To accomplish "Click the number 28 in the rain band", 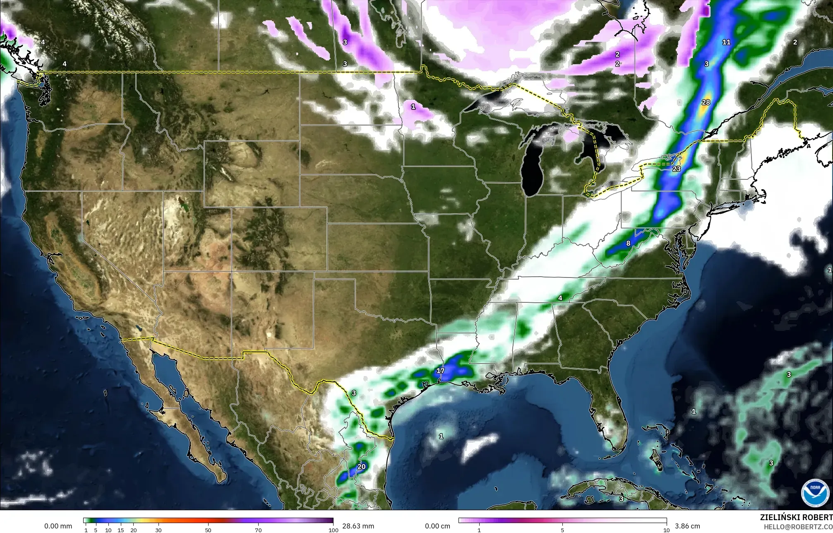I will click(706, 102).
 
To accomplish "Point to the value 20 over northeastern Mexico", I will click(361, 466).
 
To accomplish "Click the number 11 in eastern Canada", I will click(726, 42).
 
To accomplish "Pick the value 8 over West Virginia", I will click(628, 243).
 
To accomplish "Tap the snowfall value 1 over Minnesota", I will click(413, 106).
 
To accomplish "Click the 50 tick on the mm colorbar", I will click(208, 530).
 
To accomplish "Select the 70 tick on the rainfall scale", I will click(258, 530).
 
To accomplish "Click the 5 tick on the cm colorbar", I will click(562, 530).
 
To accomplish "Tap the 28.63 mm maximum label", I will click(358, 526).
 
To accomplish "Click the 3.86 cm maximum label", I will click(685, 526).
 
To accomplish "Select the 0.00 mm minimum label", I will click(58, 526).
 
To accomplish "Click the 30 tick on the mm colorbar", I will click(158, 530).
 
